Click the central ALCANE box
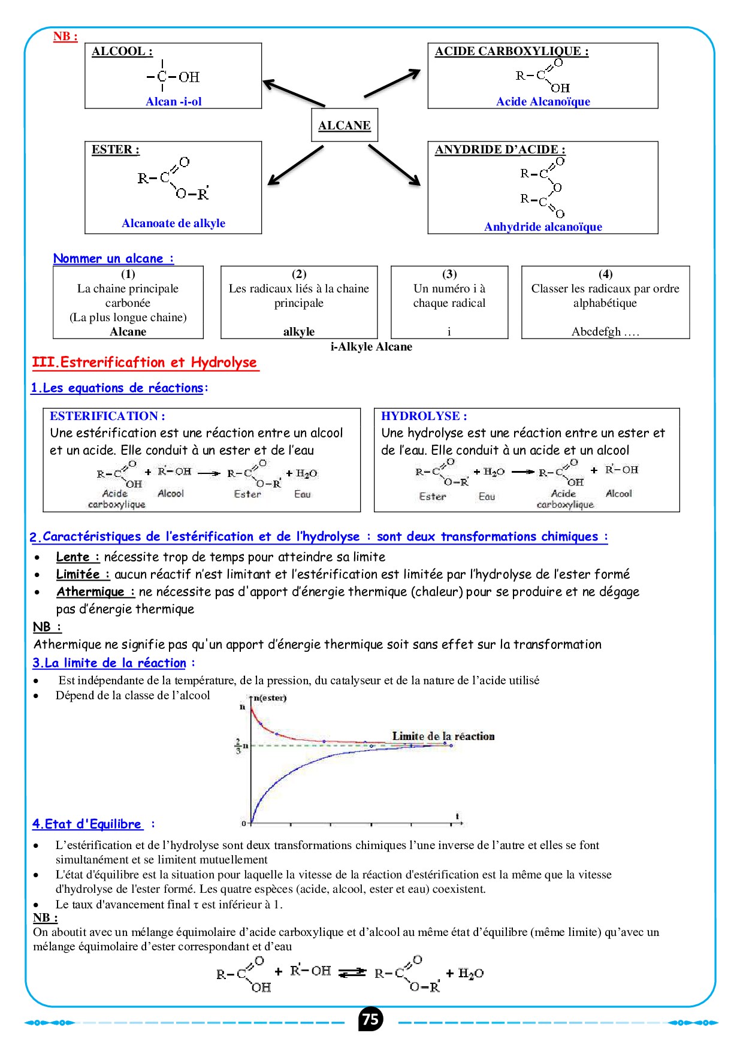pyautogui.click(x=345, y=125)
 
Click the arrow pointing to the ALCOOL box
pyautogui.click(x=294, y=93)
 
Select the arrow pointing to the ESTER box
pyautogui.click(x=295, y=165)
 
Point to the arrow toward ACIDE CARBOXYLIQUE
pyautogui.click(x=392, y=83)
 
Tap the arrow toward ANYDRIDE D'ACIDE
pyautogui.click(x=394, y=165)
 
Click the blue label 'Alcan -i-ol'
pyautogui.click(x=174, y=101)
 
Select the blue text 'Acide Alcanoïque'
pyautogui.click(x=543, y=101)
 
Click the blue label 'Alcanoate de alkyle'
pyautogui.click(x=174, y=223)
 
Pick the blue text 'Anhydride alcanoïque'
pyautogui.click(x=543, y=226)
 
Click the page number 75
pyautogui.click(x=371, y=1019)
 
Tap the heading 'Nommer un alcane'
pyautogui.click(x=113, y=258)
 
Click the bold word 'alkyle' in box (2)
pyautogui.click(x=299, y=331)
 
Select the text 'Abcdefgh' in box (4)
pyautogui.click(x=596, y=331)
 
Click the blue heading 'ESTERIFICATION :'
pyautogui.click(x=107, y=416)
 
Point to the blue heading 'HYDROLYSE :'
pyautogui.click(x=424, y=416)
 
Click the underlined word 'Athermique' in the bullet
pyautogui.click(x=90, y=591)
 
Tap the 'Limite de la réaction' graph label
pyautogui.click(x=443, y=736)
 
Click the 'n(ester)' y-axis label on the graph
pyautogui.click(x=270, y=697)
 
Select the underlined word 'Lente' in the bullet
pyautogui.click(x=73, y=557)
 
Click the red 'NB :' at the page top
pyautogui.click(x=65, y=36)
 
